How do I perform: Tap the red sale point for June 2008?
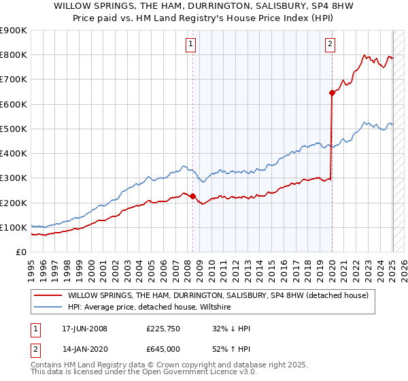(x=192, y=197)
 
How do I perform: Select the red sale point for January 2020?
(x=332, y=93)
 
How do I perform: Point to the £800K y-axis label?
(x=14, y=55)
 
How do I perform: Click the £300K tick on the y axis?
(x=14, y=178)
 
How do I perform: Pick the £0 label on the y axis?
(x=20, y=252)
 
